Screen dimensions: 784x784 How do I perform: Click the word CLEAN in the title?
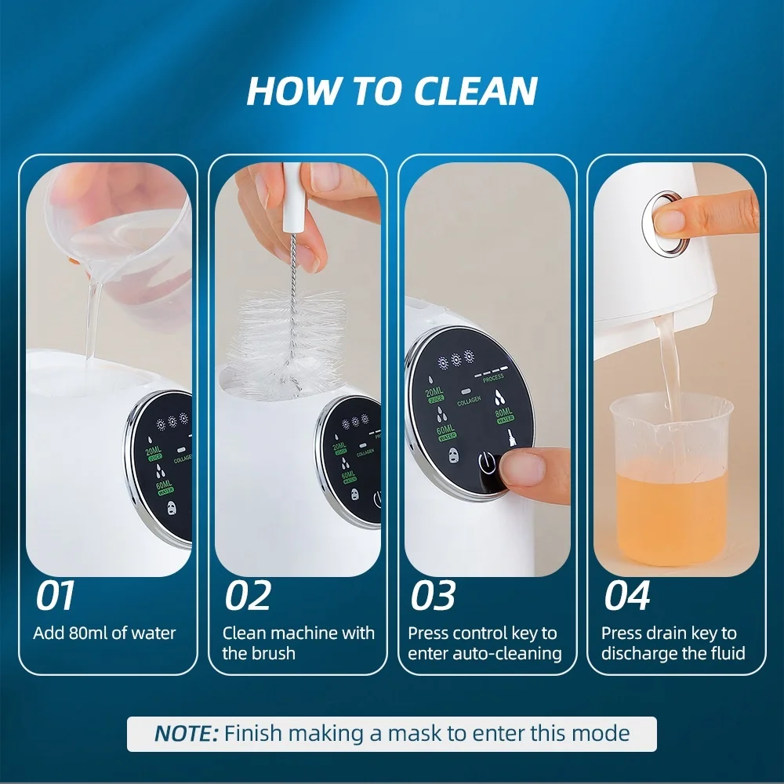475,91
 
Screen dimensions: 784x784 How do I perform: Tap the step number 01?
55,597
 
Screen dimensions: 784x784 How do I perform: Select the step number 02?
248,597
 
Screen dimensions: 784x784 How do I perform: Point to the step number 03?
434,597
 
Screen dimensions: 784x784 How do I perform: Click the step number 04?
627,597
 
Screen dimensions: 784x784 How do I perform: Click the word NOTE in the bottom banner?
187,734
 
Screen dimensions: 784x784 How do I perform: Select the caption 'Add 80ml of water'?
104,633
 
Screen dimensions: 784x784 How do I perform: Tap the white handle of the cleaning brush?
292,188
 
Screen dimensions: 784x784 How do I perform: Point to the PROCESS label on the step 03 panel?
493,377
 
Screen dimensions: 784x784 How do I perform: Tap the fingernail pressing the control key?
521,470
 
